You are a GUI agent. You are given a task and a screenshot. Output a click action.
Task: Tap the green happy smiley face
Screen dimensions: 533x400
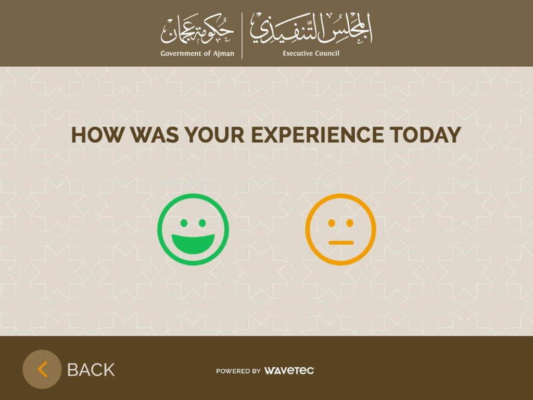coord(193,229)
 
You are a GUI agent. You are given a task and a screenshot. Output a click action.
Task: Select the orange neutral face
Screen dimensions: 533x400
coord(340,229)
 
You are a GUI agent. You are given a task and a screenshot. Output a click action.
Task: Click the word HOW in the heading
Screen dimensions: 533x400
coord(97,135)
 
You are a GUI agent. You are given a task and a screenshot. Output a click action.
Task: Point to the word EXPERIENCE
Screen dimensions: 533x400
coord(317,135)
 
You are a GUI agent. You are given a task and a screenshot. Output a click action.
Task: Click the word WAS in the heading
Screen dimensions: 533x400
coord(155,135)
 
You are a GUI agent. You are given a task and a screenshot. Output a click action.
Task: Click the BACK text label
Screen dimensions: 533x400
coord(91,370)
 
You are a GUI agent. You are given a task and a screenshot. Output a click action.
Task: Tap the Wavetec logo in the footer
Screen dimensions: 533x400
coord(289,370)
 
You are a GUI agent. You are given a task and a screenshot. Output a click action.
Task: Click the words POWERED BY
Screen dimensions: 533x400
coord(238,371)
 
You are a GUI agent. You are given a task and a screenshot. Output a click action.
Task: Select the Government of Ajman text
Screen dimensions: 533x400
coord(197,54)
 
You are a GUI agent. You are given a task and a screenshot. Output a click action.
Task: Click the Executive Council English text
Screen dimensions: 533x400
coord(311,53)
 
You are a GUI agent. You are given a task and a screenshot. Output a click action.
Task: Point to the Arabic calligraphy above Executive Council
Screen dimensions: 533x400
coord(311,29)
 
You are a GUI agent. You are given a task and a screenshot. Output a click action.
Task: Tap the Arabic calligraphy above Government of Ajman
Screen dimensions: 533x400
coord(197,29)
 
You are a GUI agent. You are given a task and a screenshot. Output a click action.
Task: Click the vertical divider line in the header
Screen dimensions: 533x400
coord(242,35)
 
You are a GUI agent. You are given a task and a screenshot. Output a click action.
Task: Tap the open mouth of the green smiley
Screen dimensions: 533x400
coord(193,243)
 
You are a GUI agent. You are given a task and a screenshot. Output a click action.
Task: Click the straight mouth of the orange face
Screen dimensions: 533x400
coord(341,243)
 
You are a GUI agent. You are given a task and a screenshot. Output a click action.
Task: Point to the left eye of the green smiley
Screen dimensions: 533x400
coord(184,223)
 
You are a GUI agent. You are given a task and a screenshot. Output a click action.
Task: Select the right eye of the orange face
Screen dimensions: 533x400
coord(350,223)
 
